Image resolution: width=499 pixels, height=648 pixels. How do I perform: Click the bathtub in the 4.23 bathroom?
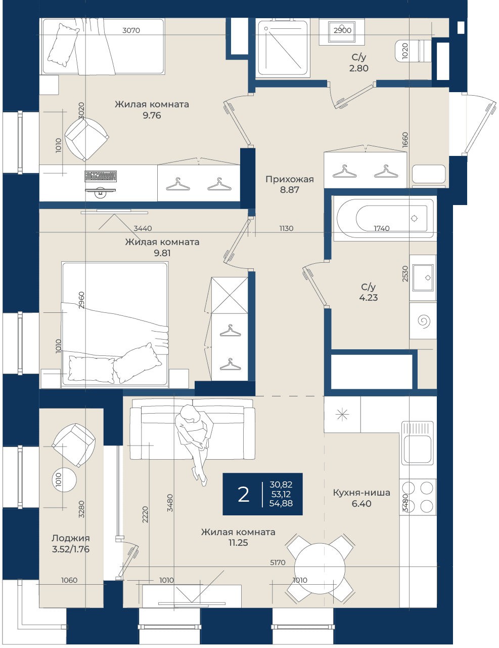(x=385, y=218)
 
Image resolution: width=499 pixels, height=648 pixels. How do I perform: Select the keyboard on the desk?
(x=101, y=176)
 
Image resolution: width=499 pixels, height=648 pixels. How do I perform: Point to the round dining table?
(x=320, y=568)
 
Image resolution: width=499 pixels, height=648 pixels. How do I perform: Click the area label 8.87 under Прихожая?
(x=289, y=190)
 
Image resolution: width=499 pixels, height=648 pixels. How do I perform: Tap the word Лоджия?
(x=71, y=538)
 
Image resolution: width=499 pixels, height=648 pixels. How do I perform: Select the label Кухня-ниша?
(x=361, y=493)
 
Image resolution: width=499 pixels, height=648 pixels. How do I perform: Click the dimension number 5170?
(x=278, y=562)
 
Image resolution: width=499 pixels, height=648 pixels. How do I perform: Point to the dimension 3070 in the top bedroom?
(x=131, y=30)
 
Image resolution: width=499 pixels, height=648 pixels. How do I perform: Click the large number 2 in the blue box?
(x=244, y=495)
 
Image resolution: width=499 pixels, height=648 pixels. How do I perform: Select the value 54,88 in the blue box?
(x=281, y=503)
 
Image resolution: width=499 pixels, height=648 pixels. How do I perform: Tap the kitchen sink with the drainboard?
(x=417, y=443)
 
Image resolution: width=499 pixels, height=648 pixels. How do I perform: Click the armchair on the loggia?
(x=74, y=445)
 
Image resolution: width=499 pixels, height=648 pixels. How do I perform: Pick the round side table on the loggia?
(x=64, y=479)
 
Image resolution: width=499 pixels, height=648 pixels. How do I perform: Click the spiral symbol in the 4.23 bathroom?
(x=424, y=321)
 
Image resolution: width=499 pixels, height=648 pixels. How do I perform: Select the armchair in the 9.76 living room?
(x=86, y=139)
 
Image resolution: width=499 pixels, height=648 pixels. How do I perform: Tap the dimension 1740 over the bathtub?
(x=381, y=228)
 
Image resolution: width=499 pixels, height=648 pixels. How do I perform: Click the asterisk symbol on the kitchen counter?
(x=342, y=415)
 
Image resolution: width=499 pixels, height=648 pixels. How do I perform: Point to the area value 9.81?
(x=162, y=253)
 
